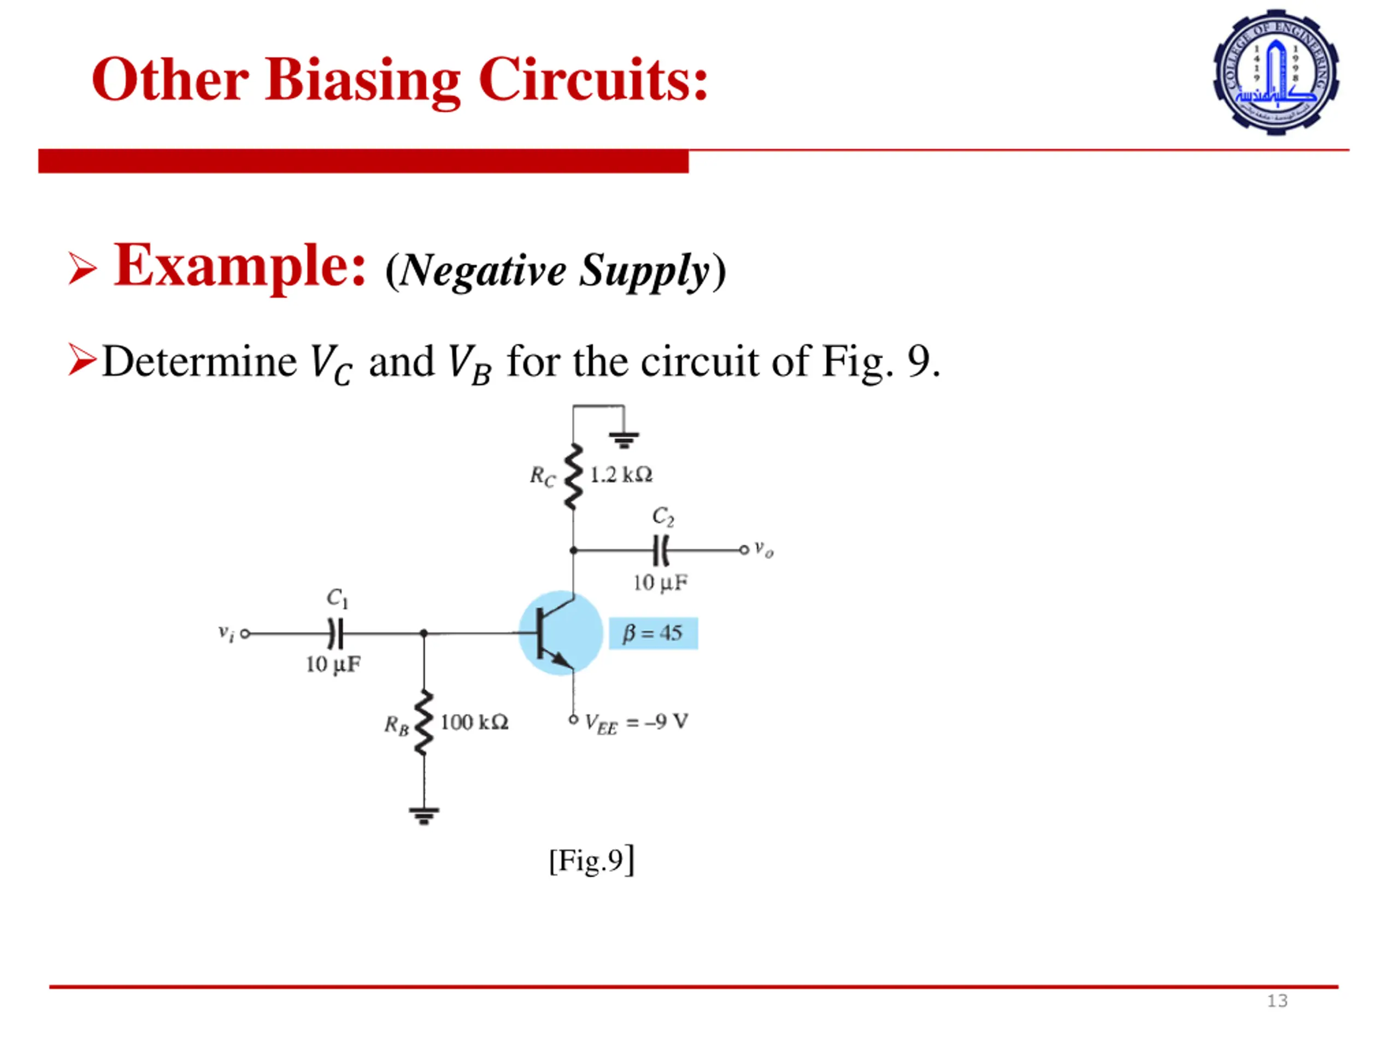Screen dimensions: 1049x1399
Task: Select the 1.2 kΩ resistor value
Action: coord(620,475)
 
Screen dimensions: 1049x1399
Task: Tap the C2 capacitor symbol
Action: coord(660,550)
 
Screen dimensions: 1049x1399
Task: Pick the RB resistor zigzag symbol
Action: coord(424,723)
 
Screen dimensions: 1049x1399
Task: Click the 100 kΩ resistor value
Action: coord(474,722)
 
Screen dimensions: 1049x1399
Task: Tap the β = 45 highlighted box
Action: coord(653,633)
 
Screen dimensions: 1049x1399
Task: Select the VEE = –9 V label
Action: coord(636,722)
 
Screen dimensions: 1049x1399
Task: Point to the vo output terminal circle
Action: coord(744,550)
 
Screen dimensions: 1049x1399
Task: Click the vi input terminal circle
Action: coord(245,633)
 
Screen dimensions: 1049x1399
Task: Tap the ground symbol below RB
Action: coord(424,816)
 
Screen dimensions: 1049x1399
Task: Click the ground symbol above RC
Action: coord(624,439)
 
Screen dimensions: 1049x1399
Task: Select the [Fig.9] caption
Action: coord(591,861)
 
